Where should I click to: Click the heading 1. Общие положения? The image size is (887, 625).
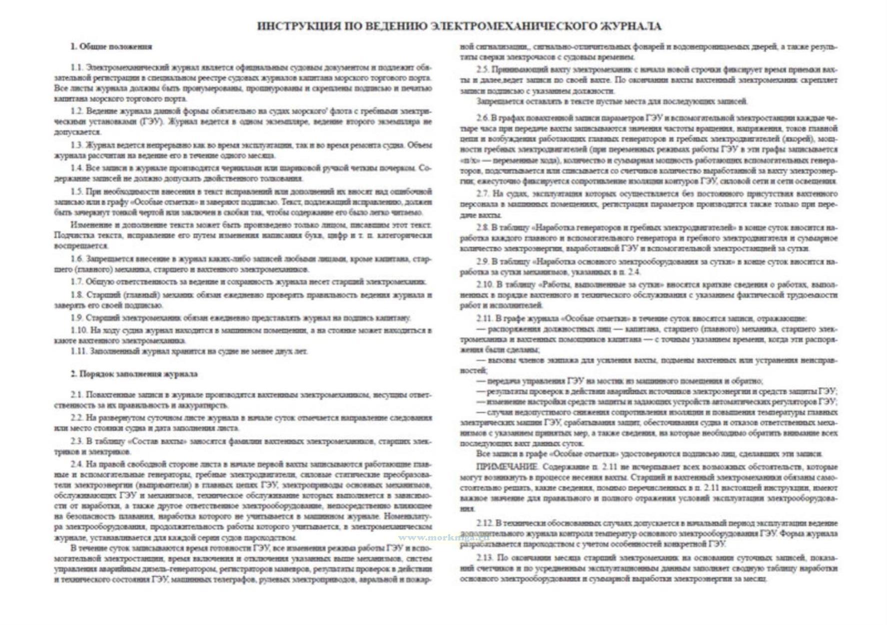coord(111,46)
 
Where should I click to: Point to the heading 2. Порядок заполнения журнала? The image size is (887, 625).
coord(133,373)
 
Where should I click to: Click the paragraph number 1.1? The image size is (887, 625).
coord(77,67)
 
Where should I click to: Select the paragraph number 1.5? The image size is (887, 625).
coord(77,191)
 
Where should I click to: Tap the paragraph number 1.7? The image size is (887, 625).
coord(77,282)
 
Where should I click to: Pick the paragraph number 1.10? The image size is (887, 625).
coord(79,330)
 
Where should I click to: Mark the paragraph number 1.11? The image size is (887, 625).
coord(79,351)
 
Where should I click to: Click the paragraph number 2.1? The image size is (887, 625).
coord(77,395)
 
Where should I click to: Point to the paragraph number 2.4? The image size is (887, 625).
coord(77,463)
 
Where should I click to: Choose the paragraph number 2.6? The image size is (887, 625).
coord(482,118)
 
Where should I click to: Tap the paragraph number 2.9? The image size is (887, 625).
coord(482,261)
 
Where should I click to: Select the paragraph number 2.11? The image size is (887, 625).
coord(484,318)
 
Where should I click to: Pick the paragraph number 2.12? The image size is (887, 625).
coord(484,523)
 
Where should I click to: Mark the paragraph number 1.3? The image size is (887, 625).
coord(77,145)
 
